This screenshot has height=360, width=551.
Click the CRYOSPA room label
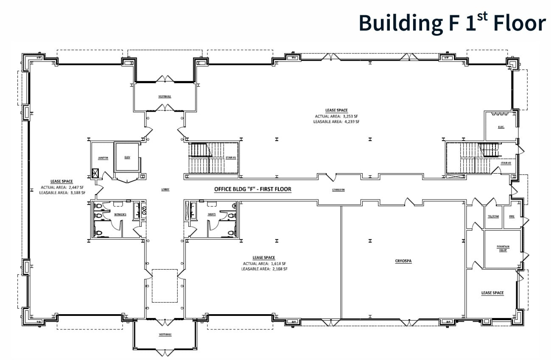403,261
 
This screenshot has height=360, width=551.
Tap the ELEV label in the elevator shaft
127,157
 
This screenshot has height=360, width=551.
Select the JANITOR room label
103,158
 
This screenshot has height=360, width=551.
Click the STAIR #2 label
506,163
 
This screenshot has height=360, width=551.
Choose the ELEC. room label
501,127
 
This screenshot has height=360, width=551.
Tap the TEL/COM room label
493,217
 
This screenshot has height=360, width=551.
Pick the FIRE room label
512,217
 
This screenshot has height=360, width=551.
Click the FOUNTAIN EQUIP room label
503,248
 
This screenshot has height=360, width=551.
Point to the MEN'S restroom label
211,214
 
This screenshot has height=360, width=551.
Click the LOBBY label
165,189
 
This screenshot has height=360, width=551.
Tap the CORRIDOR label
338,190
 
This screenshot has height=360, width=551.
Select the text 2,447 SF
75,187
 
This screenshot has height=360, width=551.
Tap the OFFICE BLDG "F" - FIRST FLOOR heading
252,189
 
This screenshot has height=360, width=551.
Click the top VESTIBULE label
165,96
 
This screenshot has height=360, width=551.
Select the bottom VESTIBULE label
165,335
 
